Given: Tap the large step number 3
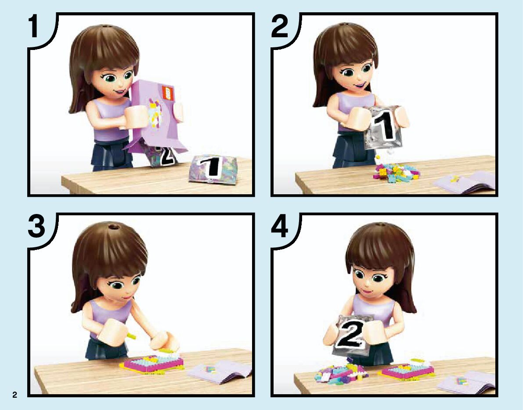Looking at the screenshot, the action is (x=36, y=226).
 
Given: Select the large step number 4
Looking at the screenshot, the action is (x=280, y=226).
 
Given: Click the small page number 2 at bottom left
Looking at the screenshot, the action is (x=14, y=395).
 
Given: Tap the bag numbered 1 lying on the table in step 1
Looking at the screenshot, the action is (x=213, y=168).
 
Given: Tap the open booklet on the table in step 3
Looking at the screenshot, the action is (x=220, y=371).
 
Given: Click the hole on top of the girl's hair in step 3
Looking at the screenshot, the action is (x=113, y=227).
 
